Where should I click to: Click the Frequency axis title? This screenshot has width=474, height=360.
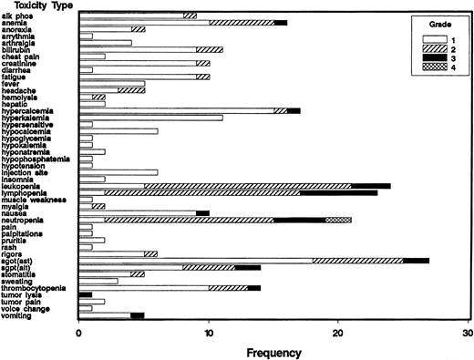pyautogui.click(x=273, y=350)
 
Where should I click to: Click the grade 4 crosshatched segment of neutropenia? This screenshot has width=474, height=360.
pyautogui.click(x=338, y=220)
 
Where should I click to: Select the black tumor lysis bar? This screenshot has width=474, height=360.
pyautogui.click(x=86, y=294)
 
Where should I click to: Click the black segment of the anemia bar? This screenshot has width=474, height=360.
pyautogui.click(x=281, y=22)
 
